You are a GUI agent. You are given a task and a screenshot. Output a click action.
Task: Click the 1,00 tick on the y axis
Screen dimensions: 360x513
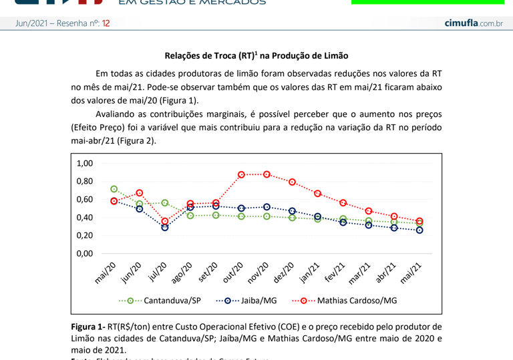pos(85,164)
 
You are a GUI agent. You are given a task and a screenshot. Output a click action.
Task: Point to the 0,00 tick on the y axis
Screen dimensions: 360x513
pos(85,254)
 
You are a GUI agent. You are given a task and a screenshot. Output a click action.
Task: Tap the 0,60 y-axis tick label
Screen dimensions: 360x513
pos(85,200)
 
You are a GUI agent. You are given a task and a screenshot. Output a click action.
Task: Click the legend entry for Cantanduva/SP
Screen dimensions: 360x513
pos(160,301)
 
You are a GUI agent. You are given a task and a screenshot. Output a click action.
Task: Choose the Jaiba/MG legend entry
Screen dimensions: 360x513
pos(246,301)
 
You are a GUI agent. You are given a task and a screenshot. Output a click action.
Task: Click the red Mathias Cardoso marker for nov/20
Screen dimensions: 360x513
pos(267,174)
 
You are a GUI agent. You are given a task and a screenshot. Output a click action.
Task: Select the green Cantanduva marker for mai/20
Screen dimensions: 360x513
pos(114,189)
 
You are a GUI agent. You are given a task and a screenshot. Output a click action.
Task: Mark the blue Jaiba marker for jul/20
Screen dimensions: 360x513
pos(165,227)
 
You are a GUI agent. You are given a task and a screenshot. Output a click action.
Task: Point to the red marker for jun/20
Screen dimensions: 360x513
pos(140,193)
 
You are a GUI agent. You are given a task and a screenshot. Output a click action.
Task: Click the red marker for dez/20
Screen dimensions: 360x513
pos(292,182)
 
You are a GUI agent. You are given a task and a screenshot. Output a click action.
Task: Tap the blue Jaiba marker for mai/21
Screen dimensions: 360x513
pos(419,230)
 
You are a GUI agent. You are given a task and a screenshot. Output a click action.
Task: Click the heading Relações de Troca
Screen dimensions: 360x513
pos(256,55)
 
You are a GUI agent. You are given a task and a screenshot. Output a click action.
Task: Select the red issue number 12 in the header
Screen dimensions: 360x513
pos(106,23)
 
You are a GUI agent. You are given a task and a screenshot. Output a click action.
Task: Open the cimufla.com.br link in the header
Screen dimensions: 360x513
pos(473,23)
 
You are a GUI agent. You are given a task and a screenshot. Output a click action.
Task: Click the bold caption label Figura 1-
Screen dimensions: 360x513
pos(88,327)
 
